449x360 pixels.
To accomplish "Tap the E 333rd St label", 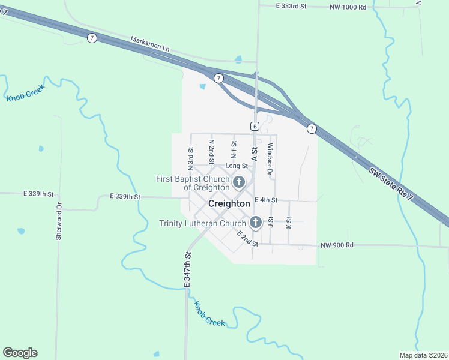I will coord(291,6).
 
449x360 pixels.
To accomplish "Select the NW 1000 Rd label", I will coord(348,7).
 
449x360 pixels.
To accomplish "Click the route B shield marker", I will coord(255,126).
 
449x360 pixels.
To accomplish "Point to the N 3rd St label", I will coord(190,158).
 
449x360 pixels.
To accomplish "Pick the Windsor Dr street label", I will coord(270,159).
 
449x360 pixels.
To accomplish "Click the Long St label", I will coord(237,166).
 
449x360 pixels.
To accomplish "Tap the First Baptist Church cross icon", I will coord(239,182).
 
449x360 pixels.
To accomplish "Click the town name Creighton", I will coord(229,204).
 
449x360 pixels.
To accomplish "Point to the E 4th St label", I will coord(266,200).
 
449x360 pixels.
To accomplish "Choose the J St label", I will coord(271,223).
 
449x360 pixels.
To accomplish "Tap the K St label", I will coord(289,223).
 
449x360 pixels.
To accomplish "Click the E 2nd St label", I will coord(247,238).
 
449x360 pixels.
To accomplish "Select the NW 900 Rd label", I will coord(337,245).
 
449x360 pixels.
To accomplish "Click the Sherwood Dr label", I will coord(59,221).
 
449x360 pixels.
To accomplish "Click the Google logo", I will coord(20,353).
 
